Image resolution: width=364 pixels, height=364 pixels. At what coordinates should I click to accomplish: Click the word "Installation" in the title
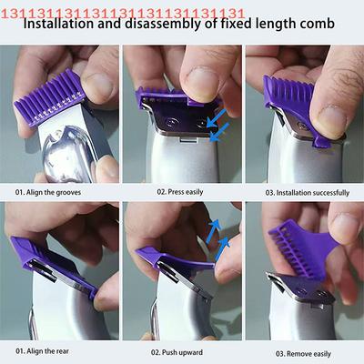58,24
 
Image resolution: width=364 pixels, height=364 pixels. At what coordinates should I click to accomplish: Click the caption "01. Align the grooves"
48,192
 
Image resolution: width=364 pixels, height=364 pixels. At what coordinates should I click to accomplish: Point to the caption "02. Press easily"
180,192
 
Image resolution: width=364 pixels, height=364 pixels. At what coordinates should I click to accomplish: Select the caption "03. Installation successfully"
308,193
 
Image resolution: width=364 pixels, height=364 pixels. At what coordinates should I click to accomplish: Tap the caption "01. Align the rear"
42,351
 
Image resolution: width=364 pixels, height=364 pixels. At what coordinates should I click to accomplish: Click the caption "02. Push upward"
177,352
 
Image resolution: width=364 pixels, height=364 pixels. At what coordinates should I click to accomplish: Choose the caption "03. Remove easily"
303,354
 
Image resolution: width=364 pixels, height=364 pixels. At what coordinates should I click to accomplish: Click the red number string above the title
123,14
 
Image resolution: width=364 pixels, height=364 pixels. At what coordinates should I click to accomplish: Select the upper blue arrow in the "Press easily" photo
217,118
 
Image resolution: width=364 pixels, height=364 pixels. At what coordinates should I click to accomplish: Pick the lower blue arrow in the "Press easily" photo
219,132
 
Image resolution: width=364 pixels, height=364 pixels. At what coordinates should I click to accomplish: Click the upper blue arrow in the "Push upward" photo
213,232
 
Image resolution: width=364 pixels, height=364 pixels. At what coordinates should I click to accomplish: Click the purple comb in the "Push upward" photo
176,258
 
